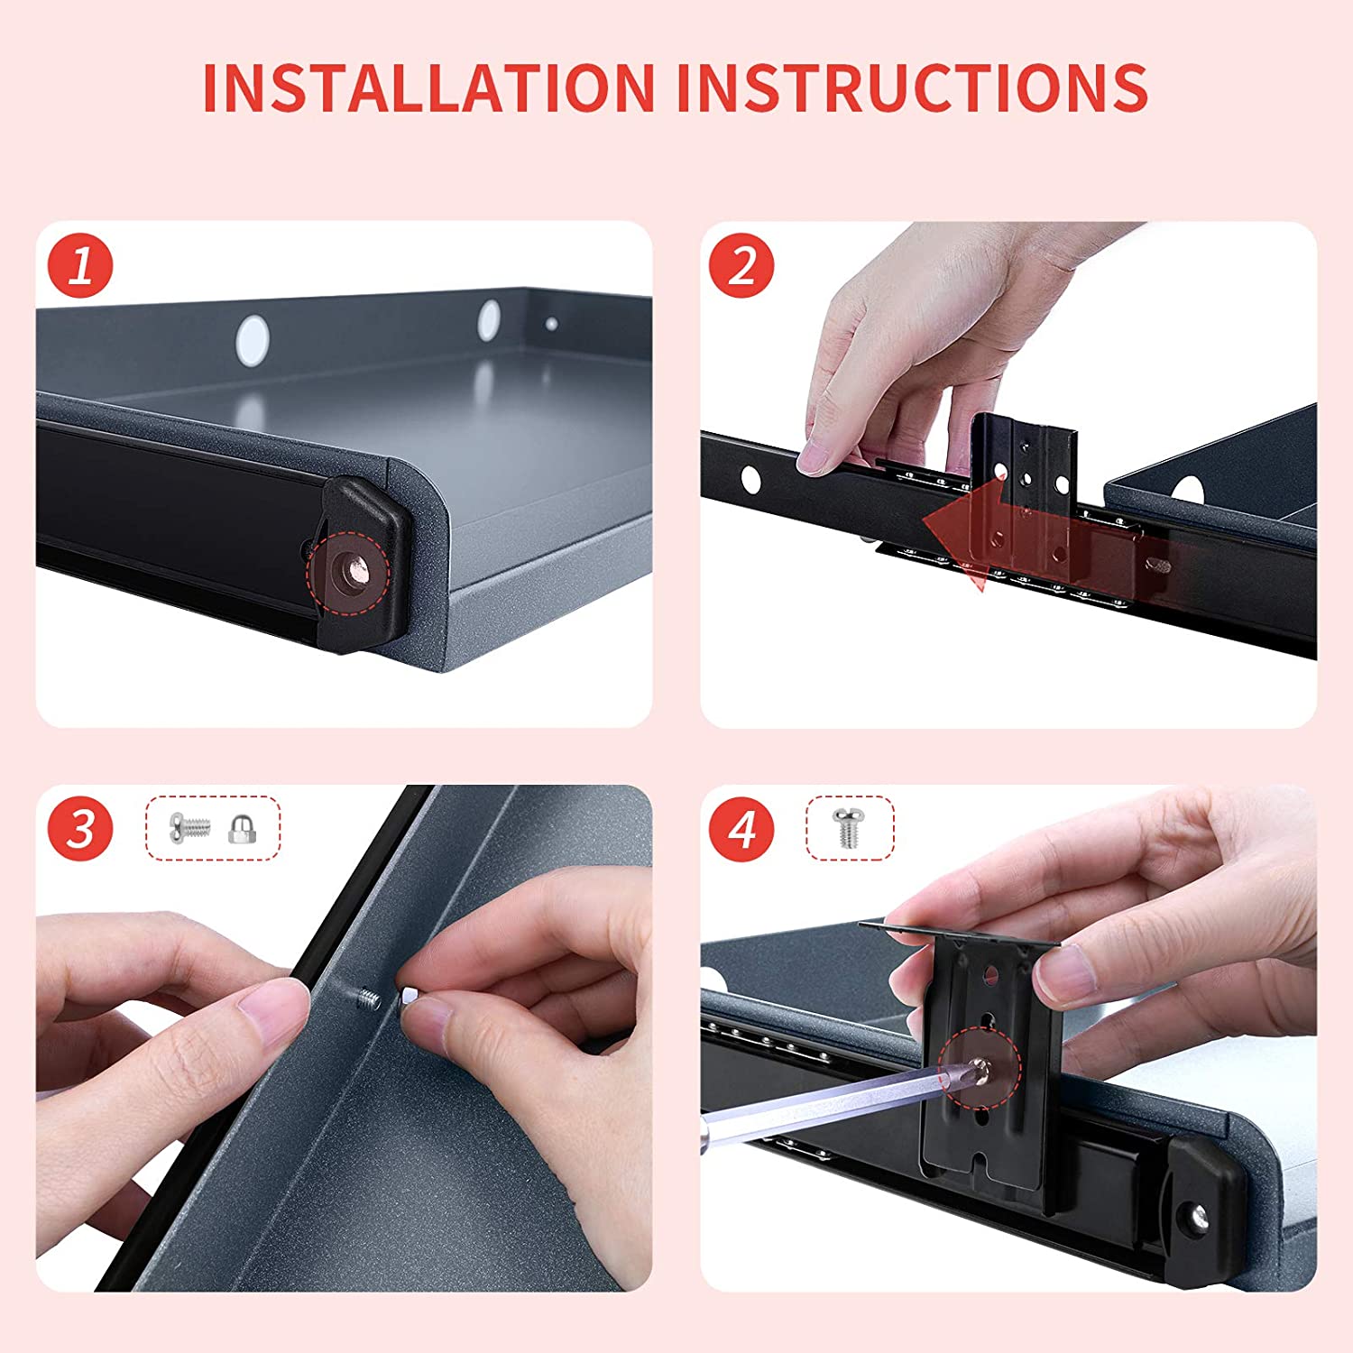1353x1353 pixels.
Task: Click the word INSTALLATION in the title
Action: tap(428, 87)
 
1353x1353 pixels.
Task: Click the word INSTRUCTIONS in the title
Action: tap(912, 87)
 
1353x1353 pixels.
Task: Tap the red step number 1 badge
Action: tap(80, 267)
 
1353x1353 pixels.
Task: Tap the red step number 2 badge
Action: tap(742, 267)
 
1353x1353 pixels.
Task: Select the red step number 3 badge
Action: tap(80, 828)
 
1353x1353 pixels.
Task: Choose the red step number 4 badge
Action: tap(742, 828)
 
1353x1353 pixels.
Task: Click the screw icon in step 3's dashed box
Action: tap(189, 826)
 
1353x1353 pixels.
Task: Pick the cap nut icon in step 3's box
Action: tap(241, 828)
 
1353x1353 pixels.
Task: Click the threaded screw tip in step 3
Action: tap(366, 999)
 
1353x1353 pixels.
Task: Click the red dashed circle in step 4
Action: tap(979, 1069)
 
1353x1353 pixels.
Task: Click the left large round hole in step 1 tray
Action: tap(252, 339)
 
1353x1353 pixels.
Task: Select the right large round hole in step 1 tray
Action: tap(489, 319)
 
